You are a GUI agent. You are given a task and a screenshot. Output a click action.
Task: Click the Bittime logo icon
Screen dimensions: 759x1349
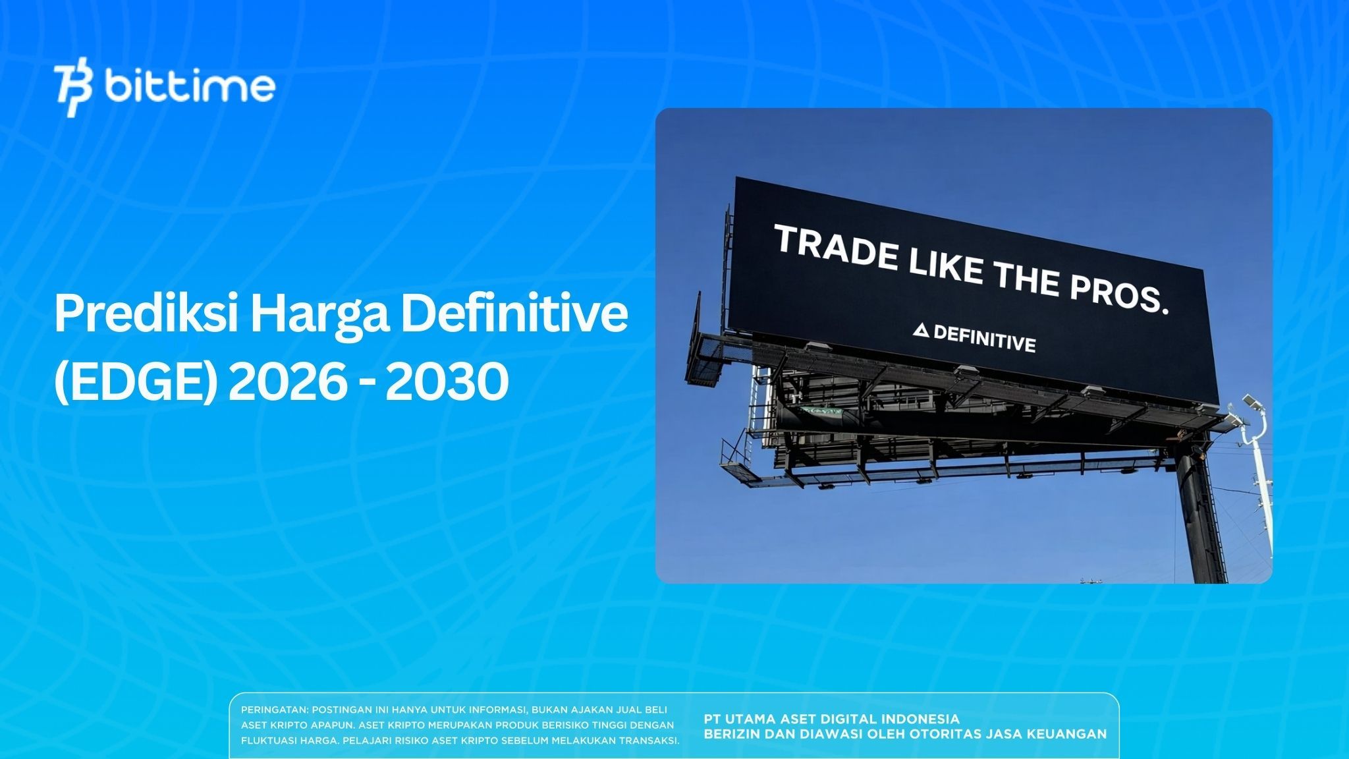tap(73, 90)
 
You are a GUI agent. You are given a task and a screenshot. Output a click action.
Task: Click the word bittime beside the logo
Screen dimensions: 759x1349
tap(190, 87)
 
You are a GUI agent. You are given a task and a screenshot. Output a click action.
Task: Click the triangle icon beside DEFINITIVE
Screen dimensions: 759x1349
tap(921, 331)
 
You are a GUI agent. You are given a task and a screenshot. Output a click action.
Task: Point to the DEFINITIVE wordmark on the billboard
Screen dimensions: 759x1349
tap(984, 338)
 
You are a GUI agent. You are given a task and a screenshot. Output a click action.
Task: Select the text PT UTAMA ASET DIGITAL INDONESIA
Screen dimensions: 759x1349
tap(831, 719)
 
